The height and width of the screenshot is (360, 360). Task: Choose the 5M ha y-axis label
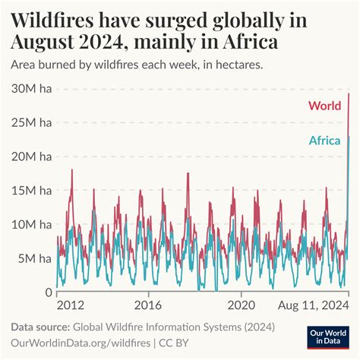pos(34,259)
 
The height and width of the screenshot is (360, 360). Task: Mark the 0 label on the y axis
pos(48,292)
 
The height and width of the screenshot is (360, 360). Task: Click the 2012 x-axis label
pos(71,305)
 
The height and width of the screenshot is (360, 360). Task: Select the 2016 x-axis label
pos(148,305)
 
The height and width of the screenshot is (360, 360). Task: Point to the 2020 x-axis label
pos(242,305)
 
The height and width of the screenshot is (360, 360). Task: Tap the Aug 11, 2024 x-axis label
pos(309,305)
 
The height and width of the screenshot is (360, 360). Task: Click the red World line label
pos(324,106)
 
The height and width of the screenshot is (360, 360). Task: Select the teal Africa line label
pos(325,140)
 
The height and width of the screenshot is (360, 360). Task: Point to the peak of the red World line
pos(348,94)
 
